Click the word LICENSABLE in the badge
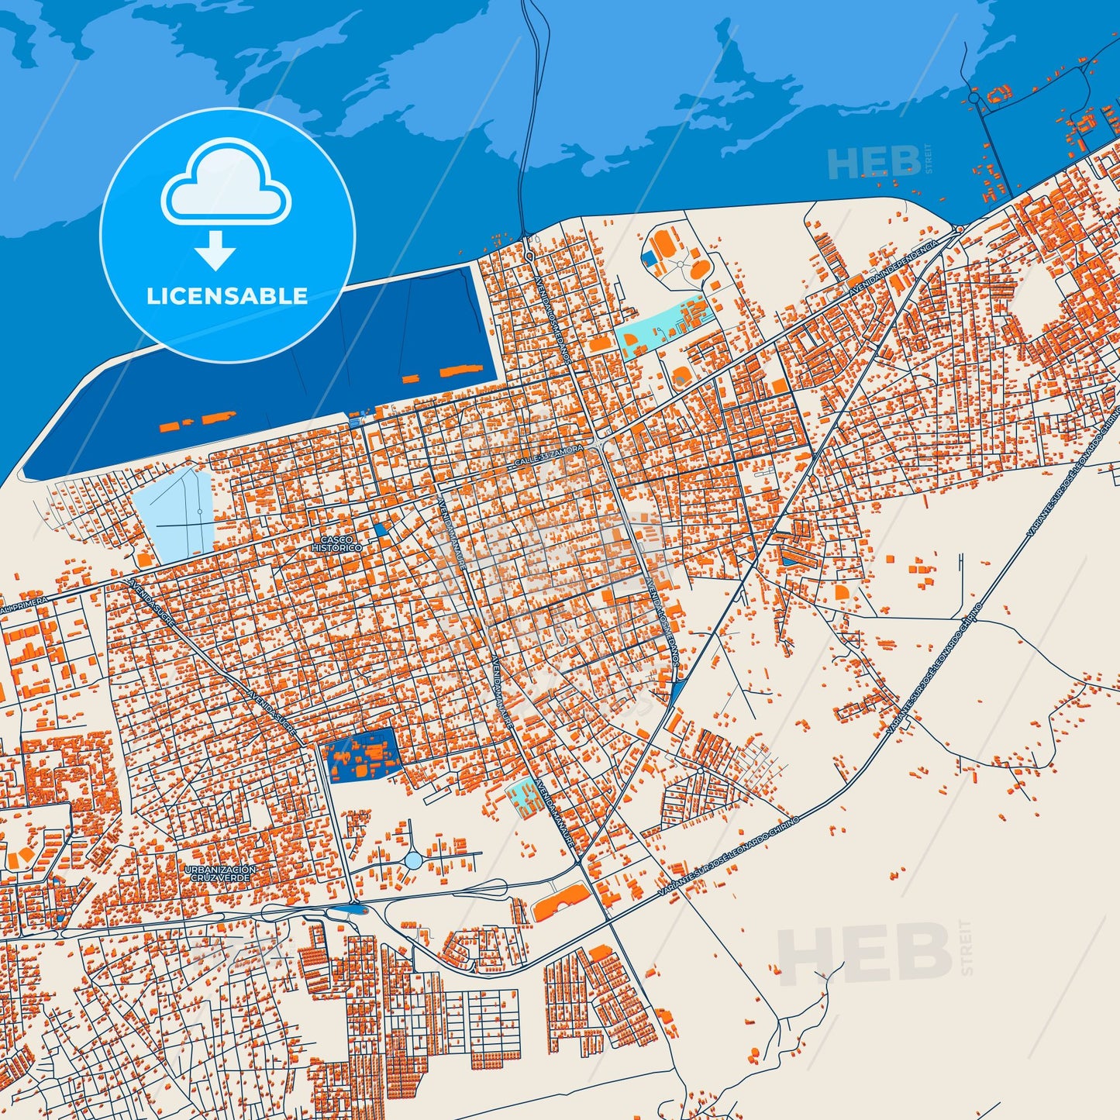(227, 296)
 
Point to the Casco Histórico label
(336, 543)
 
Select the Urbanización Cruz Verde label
(220, 874)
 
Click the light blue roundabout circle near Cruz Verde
(413, 860)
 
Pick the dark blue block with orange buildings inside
(360, 756)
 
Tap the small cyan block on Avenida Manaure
(526, 797)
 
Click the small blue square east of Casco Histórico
(379, 529)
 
